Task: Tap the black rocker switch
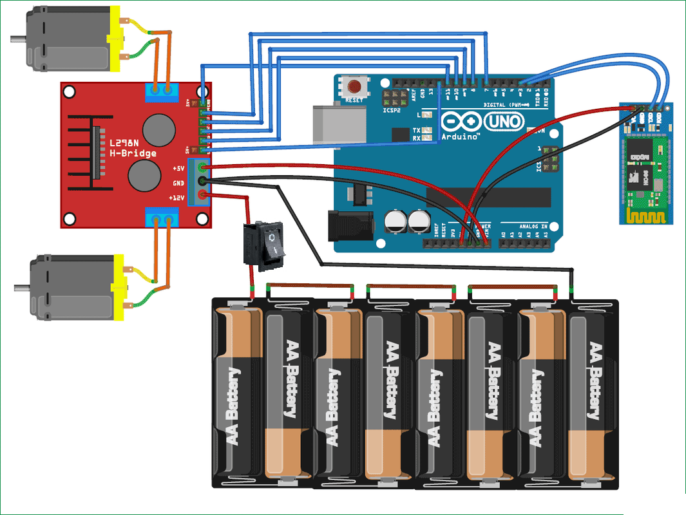coord(263,243)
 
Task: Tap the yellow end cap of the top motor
coord(116,40)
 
